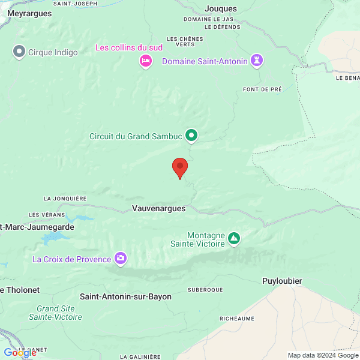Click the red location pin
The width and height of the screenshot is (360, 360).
click(180, 167)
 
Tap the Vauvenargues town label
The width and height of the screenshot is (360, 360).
click(158, 208)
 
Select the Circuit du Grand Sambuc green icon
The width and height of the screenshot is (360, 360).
click(191, 136)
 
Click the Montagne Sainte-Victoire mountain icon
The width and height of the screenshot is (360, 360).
click(234, 239)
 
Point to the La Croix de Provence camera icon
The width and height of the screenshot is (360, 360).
click(121, 259)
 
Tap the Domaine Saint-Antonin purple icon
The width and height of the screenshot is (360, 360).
click(257, 61)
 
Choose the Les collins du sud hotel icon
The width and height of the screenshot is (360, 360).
click(145, 61)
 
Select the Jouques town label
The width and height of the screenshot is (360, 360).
click(221, 8)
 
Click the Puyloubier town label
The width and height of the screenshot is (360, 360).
click(282, 281)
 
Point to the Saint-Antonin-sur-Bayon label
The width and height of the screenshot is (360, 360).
click(125, 296)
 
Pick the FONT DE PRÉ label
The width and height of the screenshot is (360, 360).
click(262, 89)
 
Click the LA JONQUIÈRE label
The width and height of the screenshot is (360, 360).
click(65, 198)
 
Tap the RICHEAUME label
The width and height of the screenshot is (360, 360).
click(236, 319)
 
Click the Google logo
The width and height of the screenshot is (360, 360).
click(20, 353)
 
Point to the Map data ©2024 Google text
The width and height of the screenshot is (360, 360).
click(323, 355)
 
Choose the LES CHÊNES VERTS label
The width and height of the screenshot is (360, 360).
click(185, 41)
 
